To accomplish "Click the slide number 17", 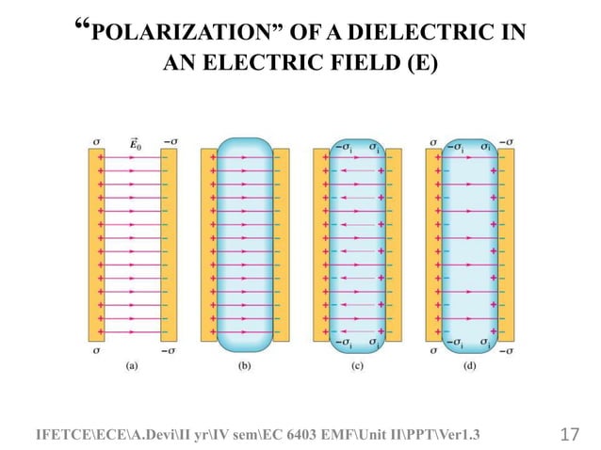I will (568, 435).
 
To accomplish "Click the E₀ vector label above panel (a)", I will (138, 143).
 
